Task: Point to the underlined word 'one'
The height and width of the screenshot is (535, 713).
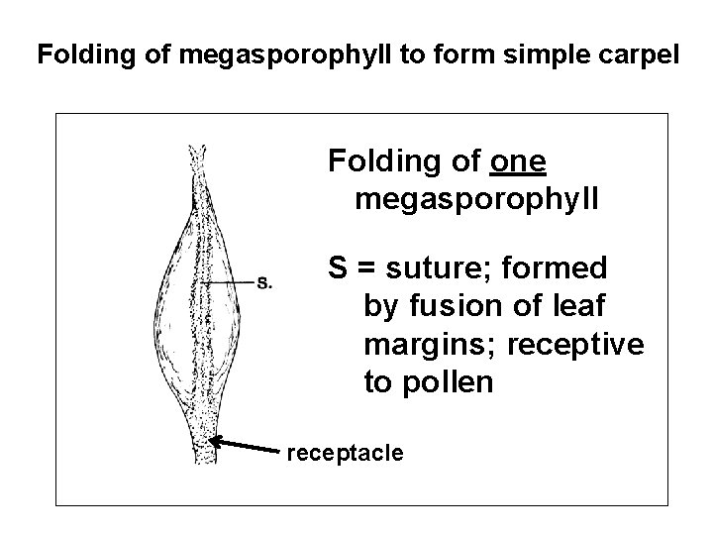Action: click(519, 160)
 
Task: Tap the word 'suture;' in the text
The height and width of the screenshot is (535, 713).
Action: click(450, 267)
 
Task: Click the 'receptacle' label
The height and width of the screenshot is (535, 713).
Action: click(345, 453)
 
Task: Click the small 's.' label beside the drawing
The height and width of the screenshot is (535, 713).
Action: click(265, 281)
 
